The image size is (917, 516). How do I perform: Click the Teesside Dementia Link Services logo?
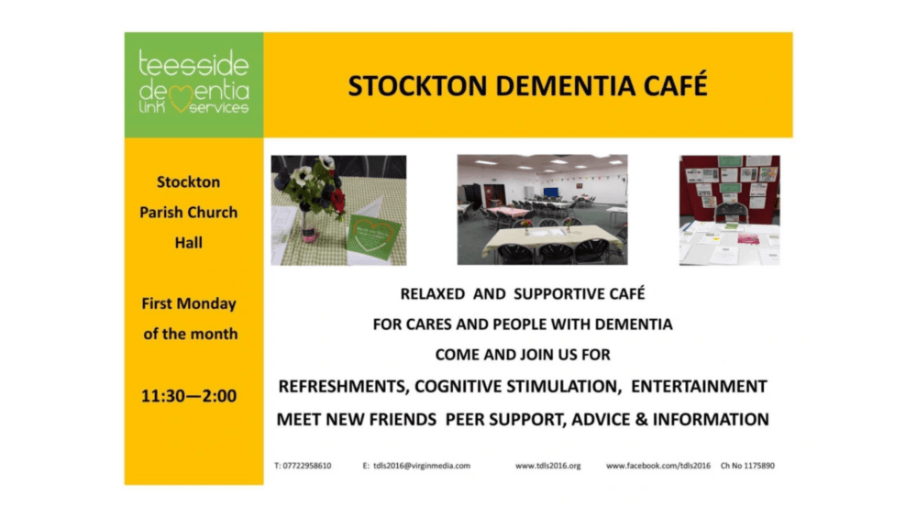193,85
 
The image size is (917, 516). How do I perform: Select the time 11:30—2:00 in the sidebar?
189,397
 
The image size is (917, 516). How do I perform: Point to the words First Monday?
189,303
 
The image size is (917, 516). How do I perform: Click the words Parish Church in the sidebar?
189,212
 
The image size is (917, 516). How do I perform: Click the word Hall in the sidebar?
189,242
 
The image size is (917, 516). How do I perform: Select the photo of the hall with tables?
542,210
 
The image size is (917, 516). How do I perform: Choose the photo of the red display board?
729,210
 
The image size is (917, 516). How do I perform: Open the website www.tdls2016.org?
547,466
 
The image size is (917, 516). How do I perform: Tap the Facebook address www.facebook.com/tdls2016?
658,466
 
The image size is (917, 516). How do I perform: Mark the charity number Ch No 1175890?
747,466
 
